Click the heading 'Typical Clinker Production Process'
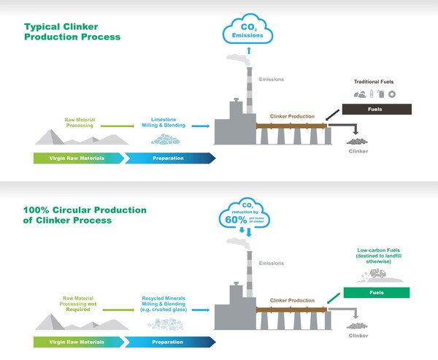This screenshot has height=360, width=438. point(72,30)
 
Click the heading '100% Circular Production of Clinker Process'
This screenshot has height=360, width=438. point(85,215)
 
